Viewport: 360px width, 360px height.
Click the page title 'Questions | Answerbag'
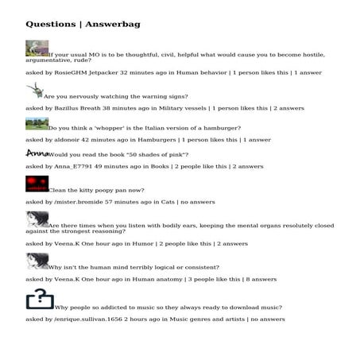pos(83,25)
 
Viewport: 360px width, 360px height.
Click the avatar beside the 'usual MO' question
pos(37,48)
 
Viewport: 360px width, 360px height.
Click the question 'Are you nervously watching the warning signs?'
pos(116,96)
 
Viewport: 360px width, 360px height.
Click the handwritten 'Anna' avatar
pos(37,153)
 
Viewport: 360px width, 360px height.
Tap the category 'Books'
pos(157,167)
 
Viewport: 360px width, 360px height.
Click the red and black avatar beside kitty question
pos(37,184)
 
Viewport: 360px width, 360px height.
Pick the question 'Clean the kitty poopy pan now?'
pos(96,191)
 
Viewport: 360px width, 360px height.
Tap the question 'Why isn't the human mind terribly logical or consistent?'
pos(134,268)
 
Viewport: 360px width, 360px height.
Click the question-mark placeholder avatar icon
pos(40,299)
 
